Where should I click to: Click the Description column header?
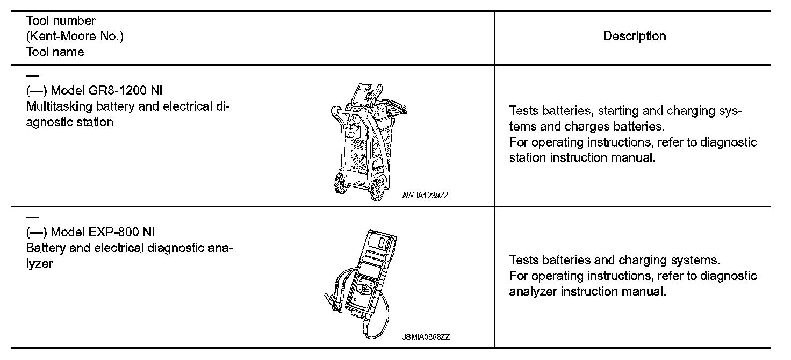click(634, 37)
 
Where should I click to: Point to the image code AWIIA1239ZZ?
click(425, 196)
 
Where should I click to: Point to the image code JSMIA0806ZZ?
click(425, 337)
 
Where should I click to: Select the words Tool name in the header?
click(55, 52)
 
